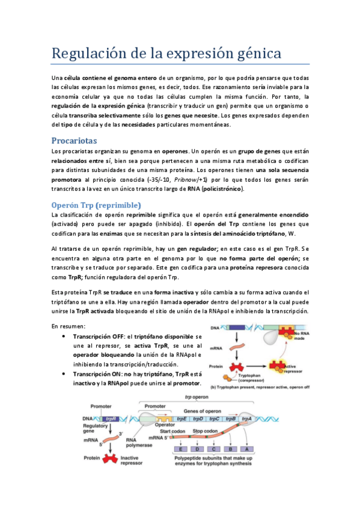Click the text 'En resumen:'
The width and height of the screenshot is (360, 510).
pyautogui.click(x=69, y=325)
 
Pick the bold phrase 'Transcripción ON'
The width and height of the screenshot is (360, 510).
pyautogui.click(x=96, y=373)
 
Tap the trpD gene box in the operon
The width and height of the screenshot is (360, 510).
pyautogui.click(x=198, y=419)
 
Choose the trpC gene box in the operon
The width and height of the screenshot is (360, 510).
pyautogui.click(x=214, y=419)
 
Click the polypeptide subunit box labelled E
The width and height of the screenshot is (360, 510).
pyautogui.click(x=180, y=449)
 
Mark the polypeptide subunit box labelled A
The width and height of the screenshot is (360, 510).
pyautogui.click(x=246, y=449)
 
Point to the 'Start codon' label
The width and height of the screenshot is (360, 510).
pyautogui.click(x=171, y=431)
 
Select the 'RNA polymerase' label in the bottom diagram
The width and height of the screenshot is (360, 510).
pyautogui.click(x=139, y=443)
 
